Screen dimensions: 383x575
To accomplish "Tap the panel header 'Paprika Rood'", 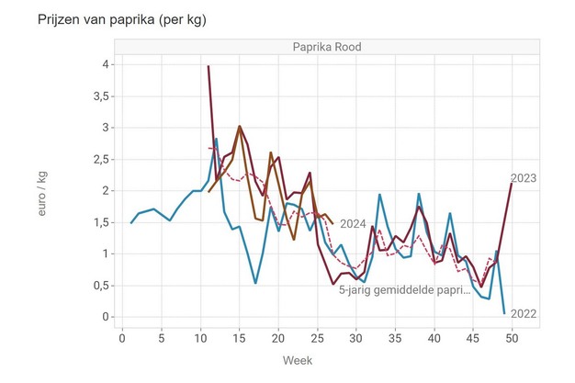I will coord(318,48).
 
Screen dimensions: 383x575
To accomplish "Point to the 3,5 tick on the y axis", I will coord(102,96).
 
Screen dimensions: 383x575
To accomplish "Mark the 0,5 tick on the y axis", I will coord(102,286).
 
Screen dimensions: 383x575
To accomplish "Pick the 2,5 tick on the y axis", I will coord(102,159).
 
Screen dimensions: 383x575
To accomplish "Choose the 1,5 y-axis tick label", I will coord(102,222).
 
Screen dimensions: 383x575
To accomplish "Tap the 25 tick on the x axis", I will coord(318,337).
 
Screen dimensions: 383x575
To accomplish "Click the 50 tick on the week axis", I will coord(513,337).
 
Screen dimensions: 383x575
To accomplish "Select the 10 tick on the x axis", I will coord(201,337).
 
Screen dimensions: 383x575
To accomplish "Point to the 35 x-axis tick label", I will coord(396,337).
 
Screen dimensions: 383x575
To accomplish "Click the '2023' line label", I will coord(524,178).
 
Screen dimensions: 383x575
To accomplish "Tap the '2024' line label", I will coord(353,223).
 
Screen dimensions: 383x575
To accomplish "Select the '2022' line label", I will coord(524,314).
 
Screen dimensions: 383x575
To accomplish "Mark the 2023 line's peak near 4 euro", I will coord(209,66).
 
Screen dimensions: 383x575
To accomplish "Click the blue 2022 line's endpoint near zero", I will coord(504,313).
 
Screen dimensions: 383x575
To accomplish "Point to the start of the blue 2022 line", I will coord(131,222).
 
